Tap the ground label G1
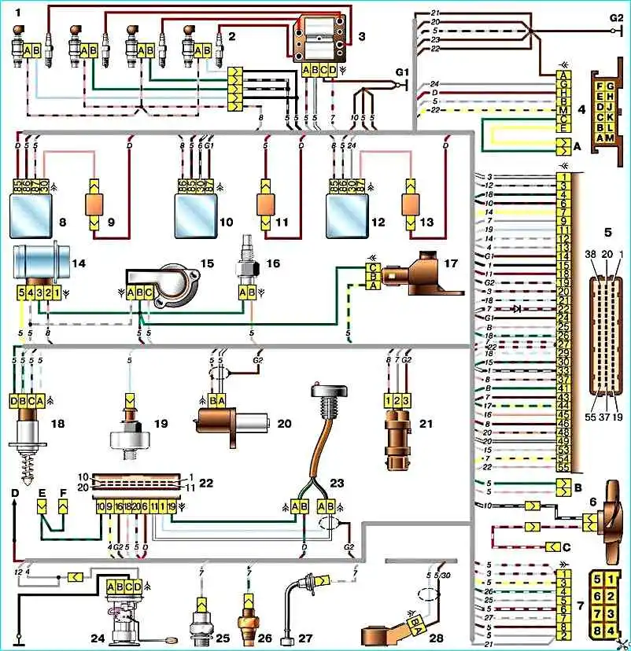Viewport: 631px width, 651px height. tap(403, 72)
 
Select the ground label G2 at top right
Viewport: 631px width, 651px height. tap(615, 17)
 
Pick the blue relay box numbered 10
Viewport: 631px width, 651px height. tap(193, 213)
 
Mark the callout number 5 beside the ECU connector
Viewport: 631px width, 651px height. tap(607, 233)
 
